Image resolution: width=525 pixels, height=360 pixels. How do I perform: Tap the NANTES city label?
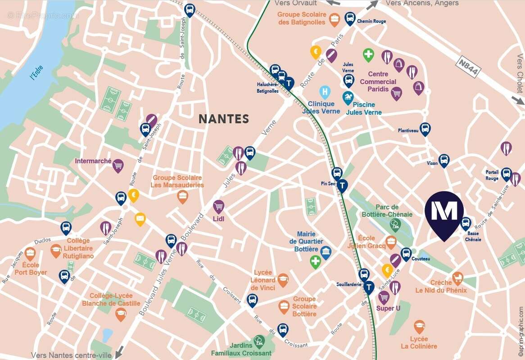224,119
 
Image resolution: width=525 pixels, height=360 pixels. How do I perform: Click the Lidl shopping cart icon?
219,207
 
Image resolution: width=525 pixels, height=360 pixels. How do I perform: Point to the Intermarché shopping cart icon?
118,166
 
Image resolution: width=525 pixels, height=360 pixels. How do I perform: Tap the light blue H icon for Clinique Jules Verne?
325,92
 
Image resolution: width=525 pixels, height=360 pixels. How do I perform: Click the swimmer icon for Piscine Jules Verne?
348,98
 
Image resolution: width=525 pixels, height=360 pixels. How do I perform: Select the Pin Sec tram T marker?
343,185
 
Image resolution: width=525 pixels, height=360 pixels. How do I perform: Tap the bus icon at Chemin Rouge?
350,18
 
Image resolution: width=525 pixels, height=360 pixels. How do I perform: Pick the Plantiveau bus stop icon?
425,129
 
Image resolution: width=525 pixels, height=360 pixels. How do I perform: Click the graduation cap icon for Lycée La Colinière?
419,326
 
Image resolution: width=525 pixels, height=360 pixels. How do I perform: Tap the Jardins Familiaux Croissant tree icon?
258,341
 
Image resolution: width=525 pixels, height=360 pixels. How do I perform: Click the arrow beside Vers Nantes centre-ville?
119,351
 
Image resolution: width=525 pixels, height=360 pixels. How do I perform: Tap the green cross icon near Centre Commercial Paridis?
368,55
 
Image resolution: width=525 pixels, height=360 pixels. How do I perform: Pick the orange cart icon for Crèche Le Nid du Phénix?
457,278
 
